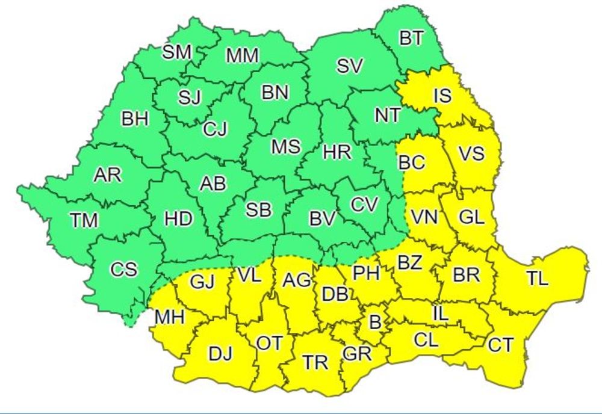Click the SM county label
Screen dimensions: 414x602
pyautogui.click(x=177, y=52)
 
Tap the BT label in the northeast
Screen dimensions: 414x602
pyautogui.click(x=411, y=39)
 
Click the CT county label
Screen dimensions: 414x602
pyautogui.click(x=501, y=345)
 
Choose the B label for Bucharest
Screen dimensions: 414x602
pyautogui.click(x=375, y=323)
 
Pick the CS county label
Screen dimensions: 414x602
pyautogui.click(x=123, y=270)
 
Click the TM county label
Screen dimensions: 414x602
pyautogui.click(x=84, y=220)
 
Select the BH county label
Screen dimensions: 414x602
pyautogui.click(x=135, y=119)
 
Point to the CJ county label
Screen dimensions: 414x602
pyautogui.click(x=215, y=128)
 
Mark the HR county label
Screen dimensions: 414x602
pyautogui.click(x=337, y=152)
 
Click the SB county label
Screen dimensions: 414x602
pyautogui.click(x=259, y=209)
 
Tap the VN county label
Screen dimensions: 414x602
pyautogui.click(x=425, y=217)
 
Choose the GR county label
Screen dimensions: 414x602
pyautogui.click(x=357, y=353)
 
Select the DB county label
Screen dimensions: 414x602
pyautogui.click(x=335, y=294)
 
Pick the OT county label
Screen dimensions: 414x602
pyautogui.click(x=269, y=343)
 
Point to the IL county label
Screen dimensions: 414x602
pyautogui.click(x=440, y=313)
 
